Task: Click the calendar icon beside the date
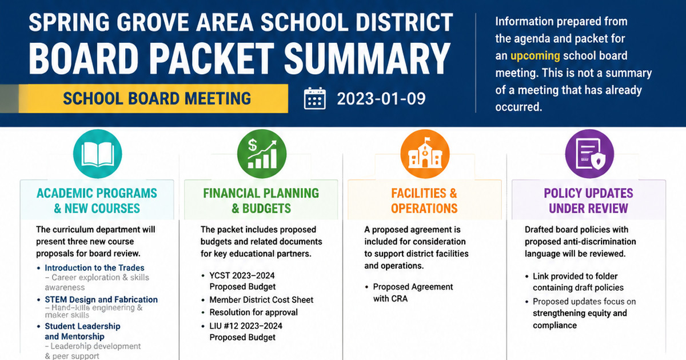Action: click(315, 98)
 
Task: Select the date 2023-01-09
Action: click(381, 98)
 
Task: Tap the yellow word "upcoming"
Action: click(535, 56)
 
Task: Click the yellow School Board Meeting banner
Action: click(153, 98)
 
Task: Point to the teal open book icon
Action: click(97, 154)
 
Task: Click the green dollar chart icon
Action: click(262, 154)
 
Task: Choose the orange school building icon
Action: click(425, 154)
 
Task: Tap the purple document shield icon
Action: click(589, 154)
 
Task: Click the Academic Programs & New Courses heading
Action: click(97, 201)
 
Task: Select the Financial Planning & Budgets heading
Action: click(261, 201)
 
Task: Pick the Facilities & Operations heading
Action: click(424, 201)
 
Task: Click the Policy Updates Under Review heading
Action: click(588, 201)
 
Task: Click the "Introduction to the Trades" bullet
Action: click(94, 268)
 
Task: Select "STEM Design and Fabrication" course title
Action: click(101, 299)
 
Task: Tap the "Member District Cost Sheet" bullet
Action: click(261, 299)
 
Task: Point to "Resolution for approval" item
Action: click(254, 312)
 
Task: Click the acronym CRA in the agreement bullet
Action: click(398, 299)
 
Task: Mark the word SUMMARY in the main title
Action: click(367, 58)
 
